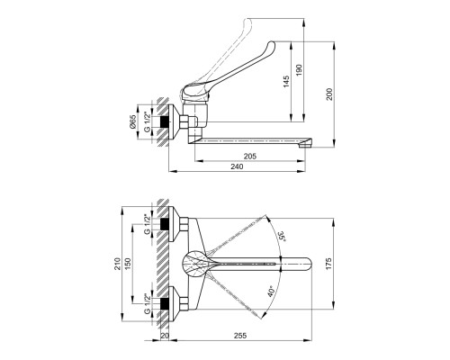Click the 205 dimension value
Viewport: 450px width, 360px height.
[x=250, y=157]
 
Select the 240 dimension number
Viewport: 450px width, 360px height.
[x=237, y=166]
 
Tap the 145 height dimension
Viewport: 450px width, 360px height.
[x=286, y=82]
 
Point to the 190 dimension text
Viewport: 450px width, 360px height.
[x=300, y=70]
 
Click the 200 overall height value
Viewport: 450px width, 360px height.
[x=329, y=94]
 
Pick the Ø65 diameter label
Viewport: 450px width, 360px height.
[x=133, y=121]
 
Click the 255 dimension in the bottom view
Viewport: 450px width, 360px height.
[x=240, y=336]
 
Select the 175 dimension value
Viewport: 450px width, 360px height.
[x=328, y=264]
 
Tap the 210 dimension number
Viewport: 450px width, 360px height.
[x=117, y=264]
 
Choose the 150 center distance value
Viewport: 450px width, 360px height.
[x=128, y=264]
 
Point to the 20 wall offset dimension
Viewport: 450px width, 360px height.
[x=165, y=336]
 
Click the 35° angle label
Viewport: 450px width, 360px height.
[x=282, y=237]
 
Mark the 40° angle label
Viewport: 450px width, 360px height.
[x=271, y=291]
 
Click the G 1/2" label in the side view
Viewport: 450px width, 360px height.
[x=147, y=121]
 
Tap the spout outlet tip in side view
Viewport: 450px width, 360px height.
[x=306, y=145]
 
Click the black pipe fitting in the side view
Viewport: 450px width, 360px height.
[x=164, y=121]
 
